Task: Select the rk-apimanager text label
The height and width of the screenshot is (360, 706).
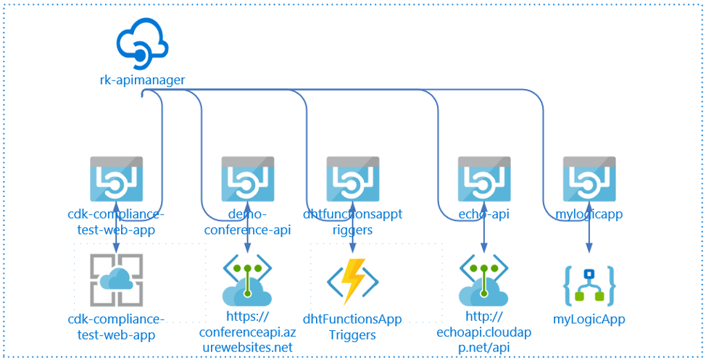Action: pyautogui.click(x=142, y=80)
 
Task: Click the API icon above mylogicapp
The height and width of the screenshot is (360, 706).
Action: pyautogui.click(x=589, y=179)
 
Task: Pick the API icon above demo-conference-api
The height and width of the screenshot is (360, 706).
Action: pyautogui.click(x=248, y=179)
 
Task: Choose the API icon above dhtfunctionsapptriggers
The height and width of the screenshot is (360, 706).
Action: pyautogui.click(x=352, y=179)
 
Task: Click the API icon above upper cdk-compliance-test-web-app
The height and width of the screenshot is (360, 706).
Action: pyautogui.click(x=116, y=179)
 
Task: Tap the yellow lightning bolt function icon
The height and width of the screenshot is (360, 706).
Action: pyautogui.click(x=352, y=282)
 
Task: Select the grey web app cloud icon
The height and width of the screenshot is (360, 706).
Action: pyautogui.click(x=116, y=280)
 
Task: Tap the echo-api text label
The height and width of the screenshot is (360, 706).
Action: pyautogui.click(x=484, y=214)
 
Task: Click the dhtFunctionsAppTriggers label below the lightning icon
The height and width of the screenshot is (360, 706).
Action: pyautogui.click(x=352, y=327)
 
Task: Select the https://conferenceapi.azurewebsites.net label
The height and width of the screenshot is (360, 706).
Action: pyautogui.click(x=248, y=332)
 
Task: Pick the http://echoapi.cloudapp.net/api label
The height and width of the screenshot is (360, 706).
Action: pyautogui.click(x=484, y=332)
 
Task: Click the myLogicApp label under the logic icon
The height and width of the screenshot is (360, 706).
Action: pyautogui.click(x=589, y=319)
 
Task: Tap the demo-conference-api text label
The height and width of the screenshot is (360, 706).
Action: pyautogui.click(x=248, y=222)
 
